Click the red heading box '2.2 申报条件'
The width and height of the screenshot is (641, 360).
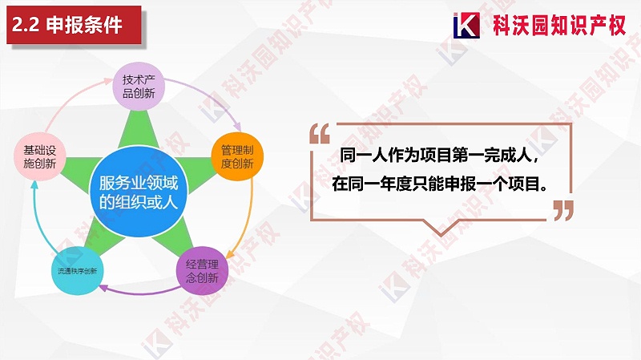(x=72, y=25)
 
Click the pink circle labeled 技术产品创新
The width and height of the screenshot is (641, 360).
(x=138, y=87)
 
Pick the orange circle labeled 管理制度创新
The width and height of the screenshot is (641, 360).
(x=236, y=156)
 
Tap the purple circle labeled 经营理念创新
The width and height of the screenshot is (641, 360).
(x=202, y=271)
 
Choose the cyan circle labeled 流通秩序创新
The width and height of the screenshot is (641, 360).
(x=77, y=271)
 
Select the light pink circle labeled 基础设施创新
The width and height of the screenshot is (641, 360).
(x=39, y=156)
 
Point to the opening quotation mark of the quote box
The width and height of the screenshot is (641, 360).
(x=318, y=134)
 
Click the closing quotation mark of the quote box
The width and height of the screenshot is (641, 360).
(x=563, y=210)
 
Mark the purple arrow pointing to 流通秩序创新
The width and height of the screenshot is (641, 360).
(x=140, y=290)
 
